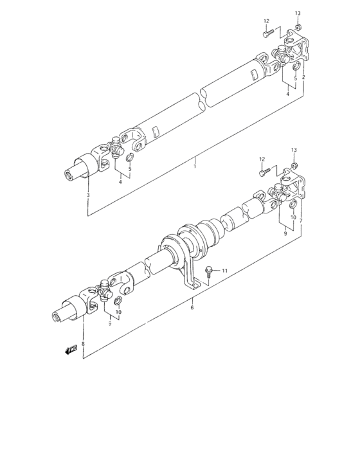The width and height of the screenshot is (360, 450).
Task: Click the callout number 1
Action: (194, 165)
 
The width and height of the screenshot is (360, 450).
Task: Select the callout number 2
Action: (303, 76)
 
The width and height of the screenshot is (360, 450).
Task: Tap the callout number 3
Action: (87, 195)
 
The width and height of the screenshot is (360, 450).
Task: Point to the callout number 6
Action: (192, 308)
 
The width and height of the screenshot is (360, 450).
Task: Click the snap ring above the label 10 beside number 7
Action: (292, 204)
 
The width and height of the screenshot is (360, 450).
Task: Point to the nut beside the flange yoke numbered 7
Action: (294, 166)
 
